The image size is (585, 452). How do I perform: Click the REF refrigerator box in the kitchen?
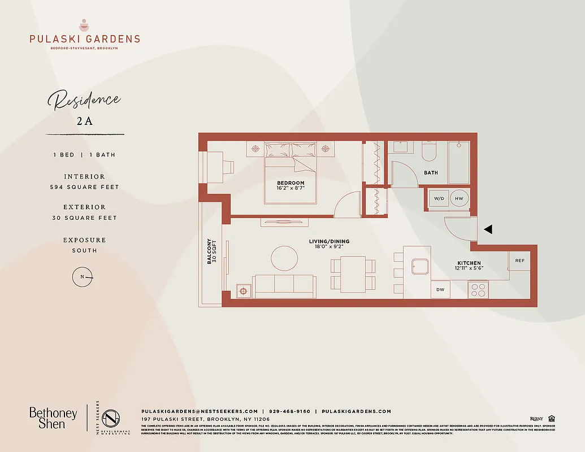[519, 261]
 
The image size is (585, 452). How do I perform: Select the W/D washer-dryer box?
[439, 198]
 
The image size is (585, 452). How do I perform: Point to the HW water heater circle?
[459, 198]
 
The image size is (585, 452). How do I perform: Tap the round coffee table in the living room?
[284, 259]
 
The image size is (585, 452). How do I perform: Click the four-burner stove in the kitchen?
[478, 290]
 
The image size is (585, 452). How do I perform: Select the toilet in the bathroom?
[428, 151]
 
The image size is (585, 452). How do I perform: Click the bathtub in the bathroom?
[458, 162]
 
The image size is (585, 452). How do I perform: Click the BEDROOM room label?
[291, 183]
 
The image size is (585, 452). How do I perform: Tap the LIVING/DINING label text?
[326, 242]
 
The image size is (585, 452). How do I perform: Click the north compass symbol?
[83, 276]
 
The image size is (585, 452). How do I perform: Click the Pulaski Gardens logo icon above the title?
[84, 25]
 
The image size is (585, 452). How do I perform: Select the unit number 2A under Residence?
[84, 121]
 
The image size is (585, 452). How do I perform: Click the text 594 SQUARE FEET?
[84, 187]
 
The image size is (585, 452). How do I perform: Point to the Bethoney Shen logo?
[53, 418]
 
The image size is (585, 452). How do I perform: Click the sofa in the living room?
[284, 285]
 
